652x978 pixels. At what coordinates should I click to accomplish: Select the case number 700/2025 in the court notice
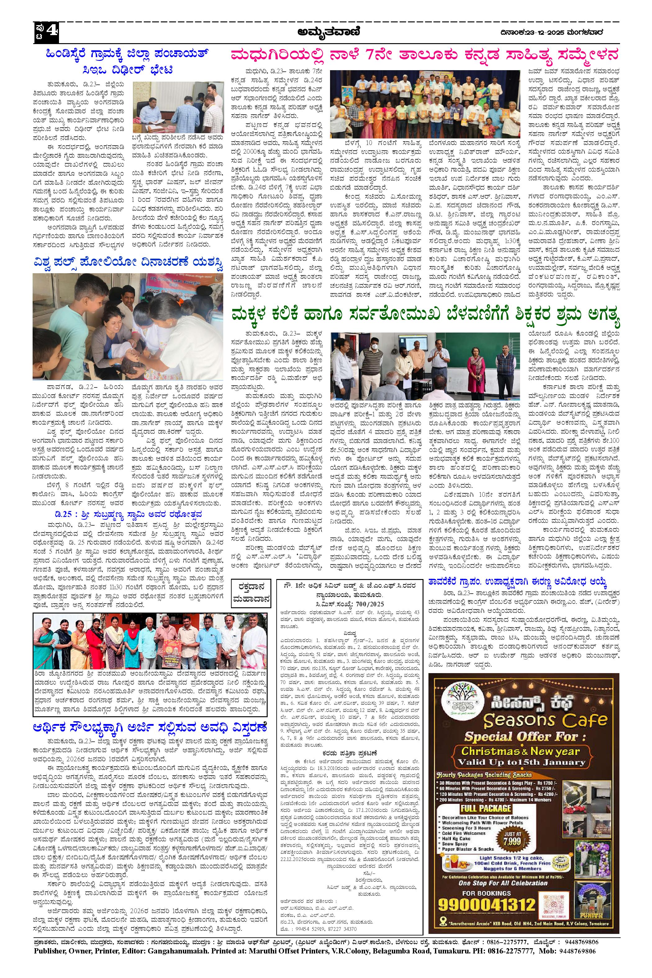[x=371, y=604]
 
